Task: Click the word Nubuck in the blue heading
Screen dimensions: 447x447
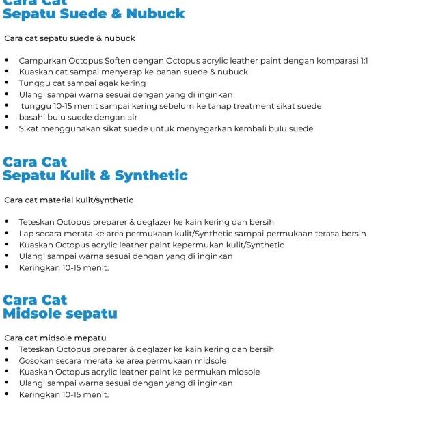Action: point(156,14)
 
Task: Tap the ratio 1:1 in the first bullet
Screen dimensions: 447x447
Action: point(363,61)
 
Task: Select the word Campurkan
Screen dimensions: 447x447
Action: point(41,61)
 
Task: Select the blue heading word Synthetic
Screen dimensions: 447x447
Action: point(151,176)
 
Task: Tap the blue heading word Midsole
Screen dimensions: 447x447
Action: point(31,314)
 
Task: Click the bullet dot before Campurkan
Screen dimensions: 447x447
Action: point(7,61)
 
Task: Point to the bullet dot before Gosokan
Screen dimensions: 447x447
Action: point(7,360)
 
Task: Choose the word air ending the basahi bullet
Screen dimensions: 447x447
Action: point(132,117)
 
